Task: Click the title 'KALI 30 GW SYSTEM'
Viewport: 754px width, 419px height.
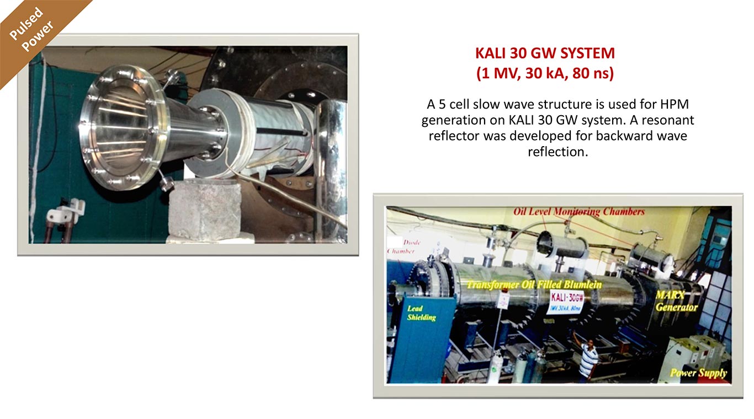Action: (x=545, y=53)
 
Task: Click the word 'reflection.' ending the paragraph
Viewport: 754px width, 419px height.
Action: (x=557, y=152)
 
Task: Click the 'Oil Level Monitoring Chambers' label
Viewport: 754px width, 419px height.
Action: (x=579, y=212)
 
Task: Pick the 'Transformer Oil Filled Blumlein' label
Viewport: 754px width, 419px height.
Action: (x=534, y=285)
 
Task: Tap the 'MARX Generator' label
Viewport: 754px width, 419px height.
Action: (x=676, y=301)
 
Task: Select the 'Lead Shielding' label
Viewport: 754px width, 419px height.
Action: (x=421, y=313)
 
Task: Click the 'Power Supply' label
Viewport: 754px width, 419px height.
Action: (x=698, y=373)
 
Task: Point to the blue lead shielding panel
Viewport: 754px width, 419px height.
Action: (x=422, y=339)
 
